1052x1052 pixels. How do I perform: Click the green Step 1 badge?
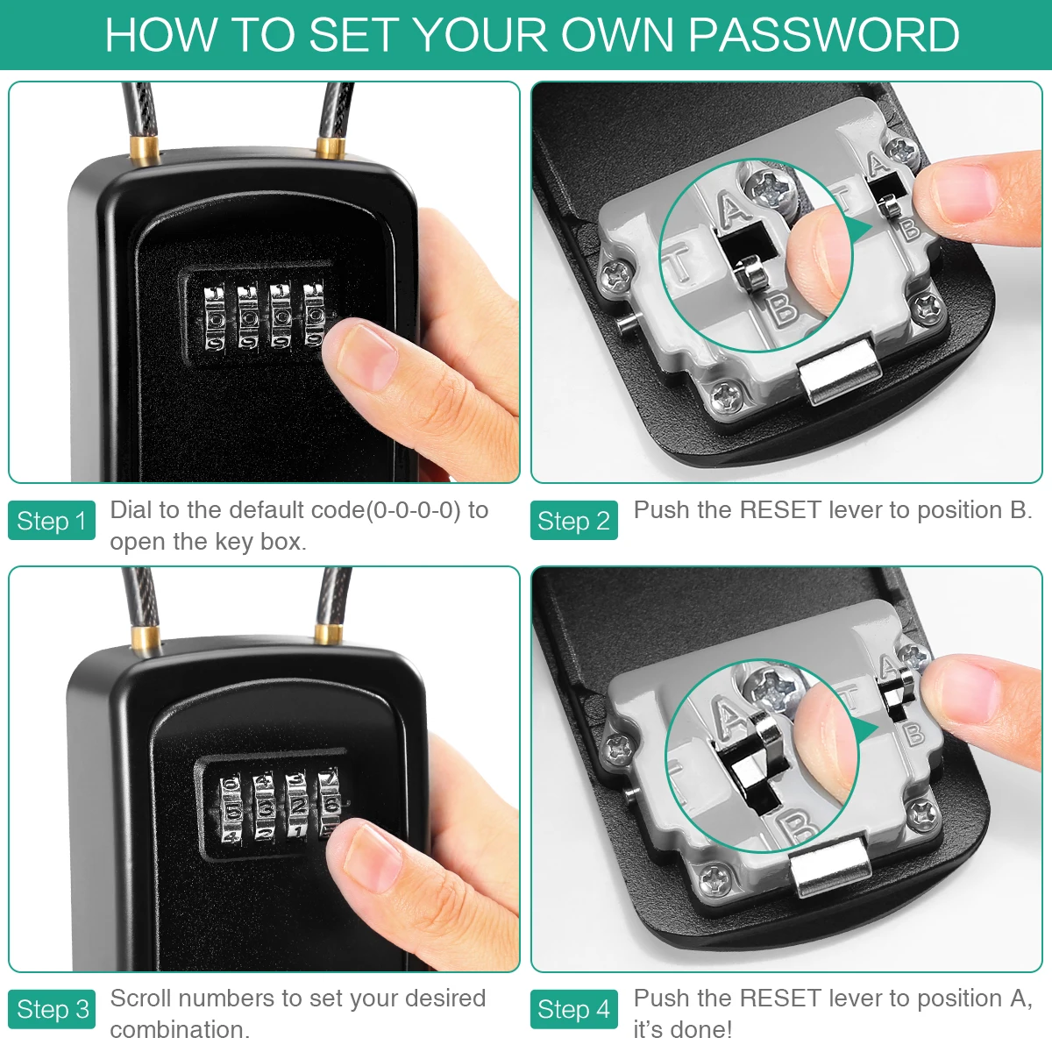51,521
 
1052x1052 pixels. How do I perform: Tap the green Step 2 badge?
573,521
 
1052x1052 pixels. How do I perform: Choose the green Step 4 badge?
573,1009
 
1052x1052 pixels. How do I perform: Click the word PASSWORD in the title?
823,35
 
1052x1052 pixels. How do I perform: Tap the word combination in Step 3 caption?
180,1029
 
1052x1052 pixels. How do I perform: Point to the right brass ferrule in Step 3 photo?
329,633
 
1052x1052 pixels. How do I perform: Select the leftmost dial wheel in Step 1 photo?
215,316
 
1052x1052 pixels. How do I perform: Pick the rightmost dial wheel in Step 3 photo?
331,802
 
